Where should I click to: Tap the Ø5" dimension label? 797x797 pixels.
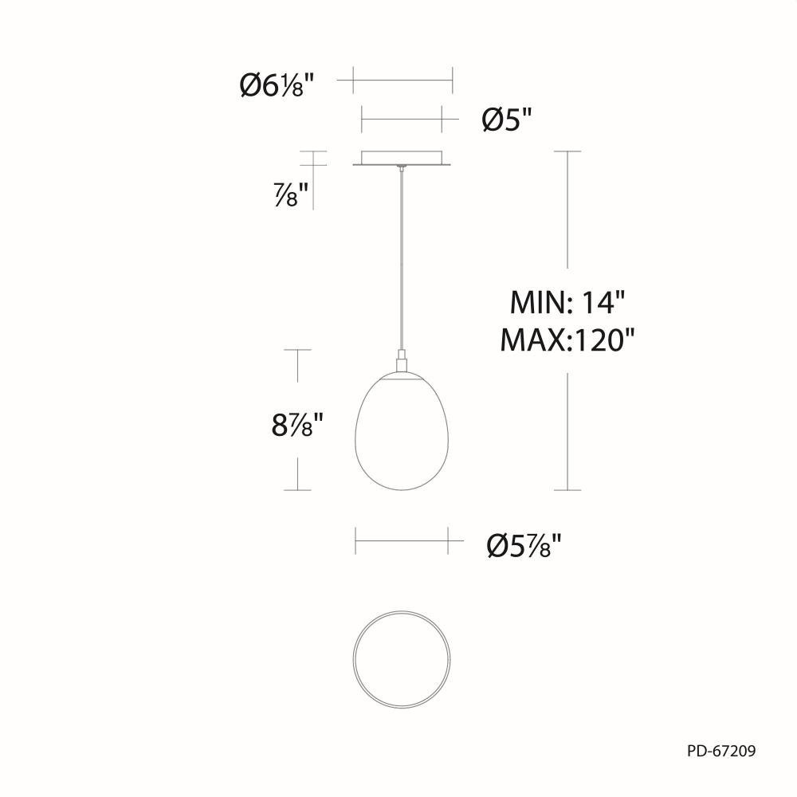[x=506, y=121]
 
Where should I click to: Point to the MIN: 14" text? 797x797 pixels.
[x=567, y=303]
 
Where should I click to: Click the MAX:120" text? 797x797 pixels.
[x=567, y=340]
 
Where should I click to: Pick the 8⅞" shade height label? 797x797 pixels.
[x=297, y=425]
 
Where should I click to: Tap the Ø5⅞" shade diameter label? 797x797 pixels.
[x=524, y=546]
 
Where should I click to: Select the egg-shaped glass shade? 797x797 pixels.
[x=402, y=433]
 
